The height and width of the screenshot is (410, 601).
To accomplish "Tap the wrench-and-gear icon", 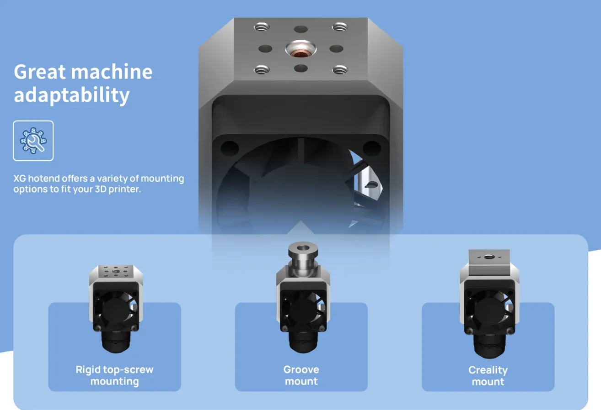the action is point(33,141).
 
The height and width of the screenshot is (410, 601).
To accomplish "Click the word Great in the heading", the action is point(40,72).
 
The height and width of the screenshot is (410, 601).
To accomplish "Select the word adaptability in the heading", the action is point(72,95).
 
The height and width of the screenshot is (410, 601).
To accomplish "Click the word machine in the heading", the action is point(112,72).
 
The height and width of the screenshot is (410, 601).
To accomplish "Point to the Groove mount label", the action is point(301,375).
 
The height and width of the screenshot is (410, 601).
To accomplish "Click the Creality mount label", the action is point(488,376).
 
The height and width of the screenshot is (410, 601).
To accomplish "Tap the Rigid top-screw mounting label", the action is point(114,375).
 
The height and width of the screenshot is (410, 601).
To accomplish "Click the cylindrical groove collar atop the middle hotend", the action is point(303,258).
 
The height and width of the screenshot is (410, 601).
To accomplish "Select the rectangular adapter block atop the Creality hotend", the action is point(489,263).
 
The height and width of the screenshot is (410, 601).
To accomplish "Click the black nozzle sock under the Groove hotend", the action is point(303,342).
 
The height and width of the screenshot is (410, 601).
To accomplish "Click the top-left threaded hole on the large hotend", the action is point(262,27).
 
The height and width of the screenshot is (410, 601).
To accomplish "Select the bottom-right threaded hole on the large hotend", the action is point(340,70).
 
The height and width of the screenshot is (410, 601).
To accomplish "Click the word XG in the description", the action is point(20,179).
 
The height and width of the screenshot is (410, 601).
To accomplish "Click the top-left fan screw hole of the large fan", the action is point(230,148).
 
